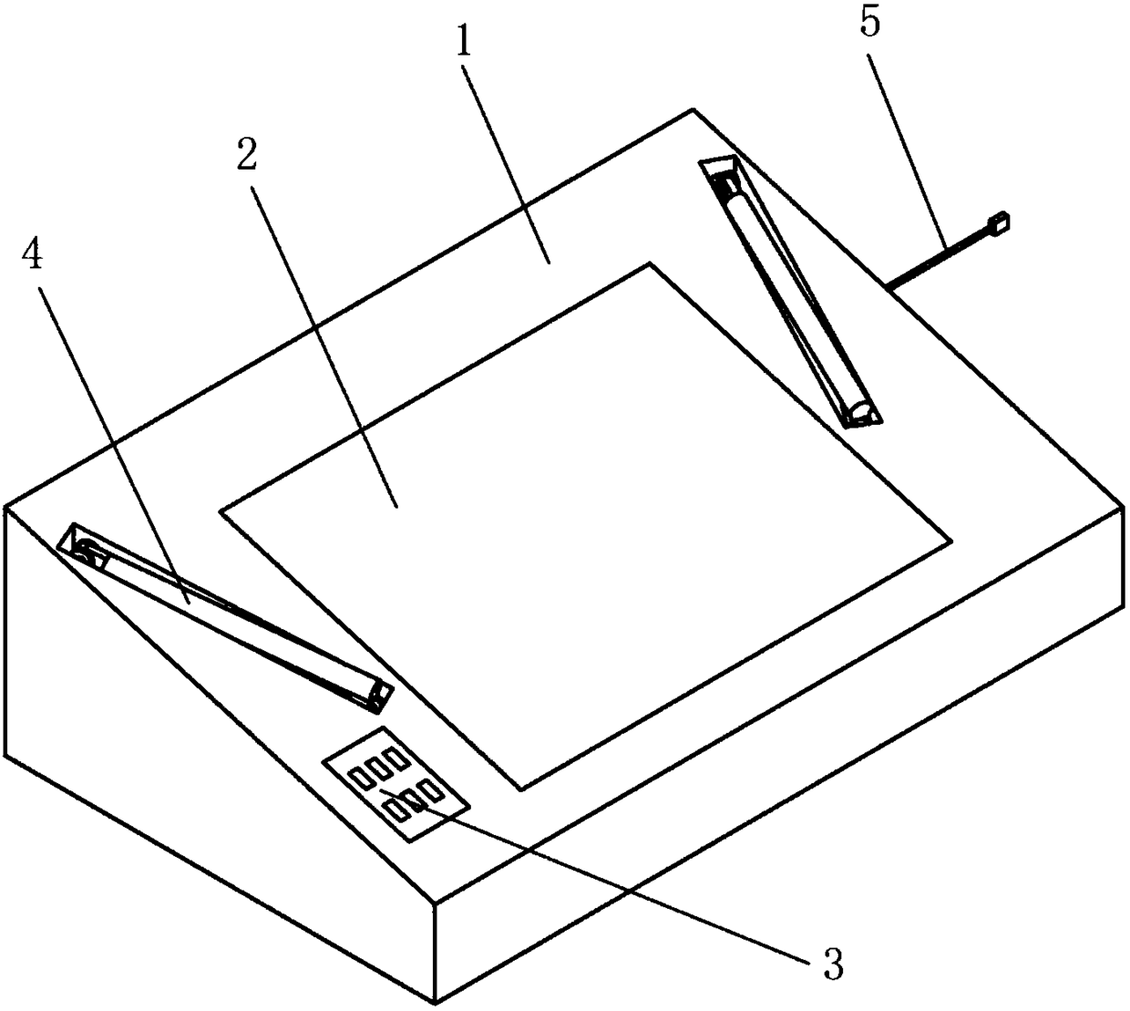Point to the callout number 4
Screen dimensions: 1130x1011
tap(32, 257)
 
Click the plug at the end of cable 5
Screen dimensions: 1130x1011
tap(999, 222)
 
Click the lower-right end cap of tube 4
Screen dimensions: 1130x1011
tap(378, 697)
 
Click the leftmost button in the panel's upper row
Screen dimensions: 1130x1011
tap(362, 778)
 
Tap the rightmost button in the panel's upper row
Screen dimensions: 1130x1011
tap(396, 758)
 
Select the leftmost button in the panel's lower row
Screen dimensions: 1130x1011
tap(395, 810)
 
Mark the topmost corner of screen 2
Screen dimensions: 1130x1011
tap(649, 264)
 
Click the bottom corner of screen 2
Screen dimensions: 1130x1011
tap(520, 789)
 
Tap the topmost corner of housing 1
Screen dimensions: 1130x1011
tap(694, 110)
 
